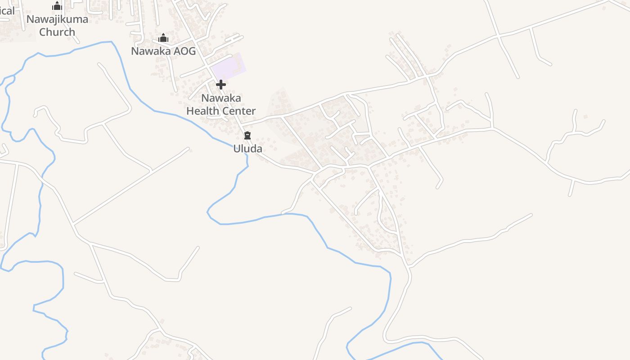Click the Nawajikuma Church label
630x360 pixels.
(57, 26)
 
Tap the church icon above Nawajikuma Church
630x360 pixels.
(57, 6)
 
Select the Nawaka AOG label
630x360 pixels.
(163, 51)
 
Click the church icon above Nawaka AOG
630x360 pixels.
(163, 38)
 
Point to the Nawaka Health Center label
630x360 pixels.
(221, 104)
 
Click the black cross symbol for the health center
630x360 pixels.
(221, 85)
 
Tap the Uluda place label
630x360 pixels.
(247, 148)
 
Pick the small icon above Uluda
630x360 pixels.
(247, 135)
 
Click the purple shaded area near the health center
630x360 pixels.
(229, 67)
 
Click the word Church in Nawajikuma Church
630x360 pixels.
(57, 32)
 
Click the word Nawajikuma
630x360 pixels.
(57, 19)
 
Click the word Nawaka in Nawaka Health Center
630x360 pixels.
(221, 98)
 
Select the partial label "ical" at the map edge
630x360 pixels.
(7, 11)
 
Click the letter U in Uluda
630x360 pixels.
(237, 148)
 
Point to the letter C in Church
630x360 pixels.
(43, 32)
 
